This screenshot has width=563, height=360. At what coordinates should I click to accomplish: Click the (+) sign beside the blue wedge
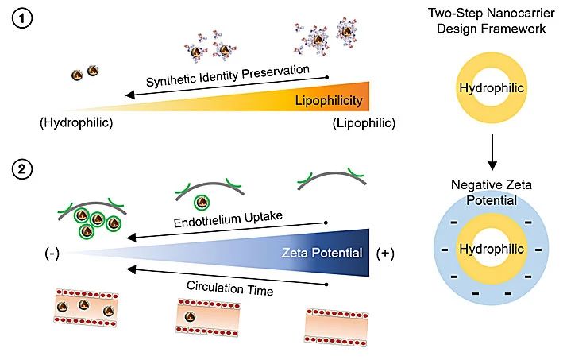(x=386, y=254)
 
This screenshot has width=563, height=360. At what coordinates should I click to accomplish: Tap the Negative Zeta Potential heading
(x=492, y=193)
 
